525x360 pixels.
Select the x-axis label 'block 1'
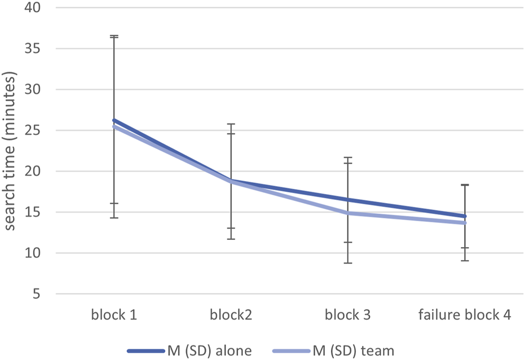[x=114, y=315]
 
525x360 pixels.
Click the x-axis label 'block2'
[x=231, y=315]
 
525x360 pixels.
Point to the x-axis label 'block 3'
[x=348, y=315]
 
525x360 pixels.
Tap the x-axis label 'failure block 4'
[x=465, y=315]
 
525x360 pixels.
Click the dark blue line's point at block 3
[x=348, y=199]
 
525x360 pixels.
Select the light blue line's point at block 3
[x=348, y=213]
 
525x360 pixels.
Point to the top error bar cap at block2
[x=231, y=124]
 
